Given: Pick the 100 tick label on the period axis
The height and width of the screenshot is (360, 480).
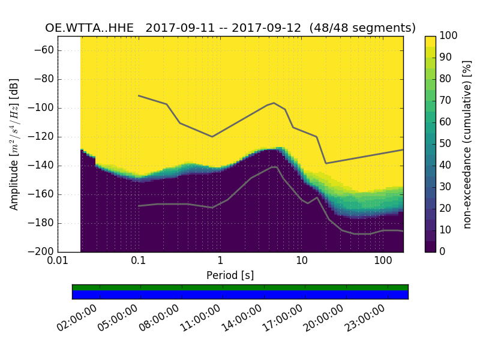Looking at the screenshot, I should pos(383,261).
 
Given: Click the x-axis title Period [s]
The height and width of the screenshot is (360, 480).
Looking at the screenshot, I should pos(230,275).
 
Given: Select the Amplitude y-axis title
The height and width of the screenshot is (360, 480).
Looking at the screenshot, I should pos(14,144).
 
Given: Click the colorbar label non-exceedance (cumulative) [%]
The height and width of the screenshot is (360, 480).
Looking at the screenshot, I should pos(468,144).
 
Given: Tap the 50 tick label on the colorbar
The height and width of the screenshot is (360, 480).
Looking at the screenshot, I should pos(446,143).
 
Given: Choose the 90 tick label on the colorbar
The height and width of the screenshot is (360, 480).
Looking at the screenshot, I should pos(446,58).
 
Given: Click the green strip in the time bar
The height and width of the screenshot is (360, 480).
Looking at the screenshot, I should pos(240,287).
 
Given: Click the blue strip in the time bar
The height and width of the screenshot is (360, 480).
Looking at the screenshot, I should pos(240,294).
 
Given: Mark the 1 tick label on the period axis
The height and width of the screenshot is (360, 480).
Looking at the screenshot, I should pos(220,261).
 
